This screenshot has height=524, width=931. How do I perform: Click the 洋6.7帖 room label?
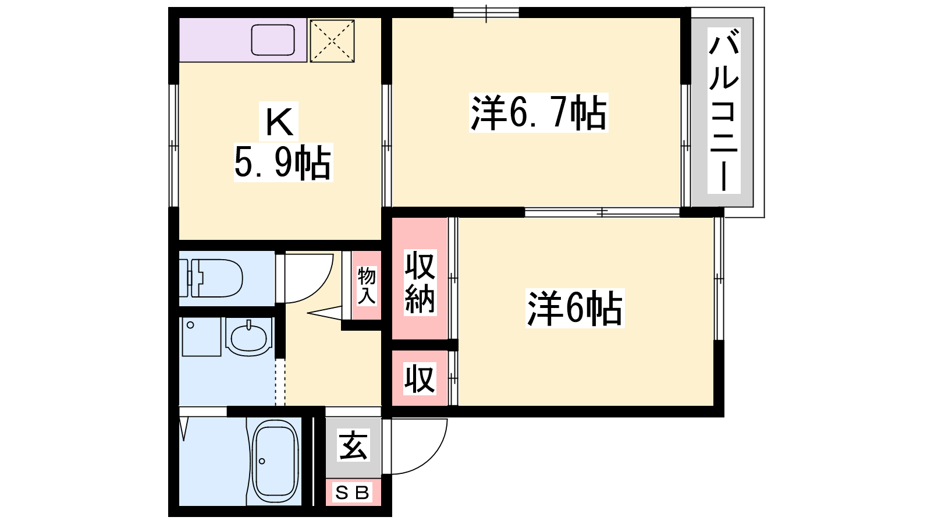539,113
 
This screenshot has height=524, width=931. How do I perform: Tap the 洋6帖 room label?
575,308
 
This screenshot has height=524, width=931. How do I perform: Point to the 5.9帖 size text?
283,162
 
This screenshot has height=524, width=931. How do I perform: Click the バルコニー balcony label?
724,110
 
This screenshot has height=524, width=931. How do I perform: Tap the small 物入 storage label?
367,286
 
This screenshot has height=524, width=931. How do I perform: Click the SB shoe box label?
353,493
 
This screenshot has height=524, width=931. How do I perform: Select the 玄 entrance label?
353,446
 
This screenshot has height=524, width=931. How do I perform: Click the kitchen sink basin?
273,40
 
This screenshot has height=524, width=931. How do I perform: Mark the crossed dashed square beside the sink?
332,41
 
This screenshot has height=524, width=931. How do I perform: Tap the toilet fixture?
211,278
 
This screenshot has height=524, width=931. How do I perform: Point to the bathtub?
275,462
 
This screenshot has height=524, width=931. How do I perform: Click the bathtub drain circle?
262,461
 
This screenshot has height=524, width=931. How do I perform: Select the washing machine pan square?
201,337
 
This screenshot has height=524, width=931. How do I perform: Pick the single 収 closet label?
420,378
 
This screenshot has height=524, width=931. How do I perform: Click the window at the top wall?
486,12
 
